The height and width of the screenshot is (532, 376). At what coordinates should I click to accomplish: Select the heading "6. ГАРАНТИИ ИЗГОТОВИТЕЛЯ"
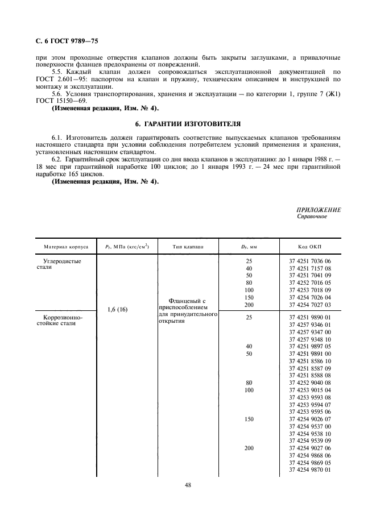(x=188, y=122)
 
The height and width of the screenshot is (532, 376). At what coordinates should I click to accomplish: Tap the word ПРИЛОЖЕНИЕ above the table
(x=319, y=210)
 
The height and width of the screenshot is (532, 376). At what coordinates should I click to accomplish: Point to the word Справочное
(x=312, y=217)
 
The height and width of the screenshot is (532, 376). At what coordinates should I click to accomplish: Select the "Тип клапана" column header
(x=187, y=247)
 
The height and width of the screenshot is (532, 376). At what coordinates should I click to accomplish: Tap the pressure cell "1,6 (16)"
(x=117, y=309)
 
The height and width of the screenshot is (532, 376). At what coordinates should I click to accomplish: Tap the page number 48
(x=188, y=485)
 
